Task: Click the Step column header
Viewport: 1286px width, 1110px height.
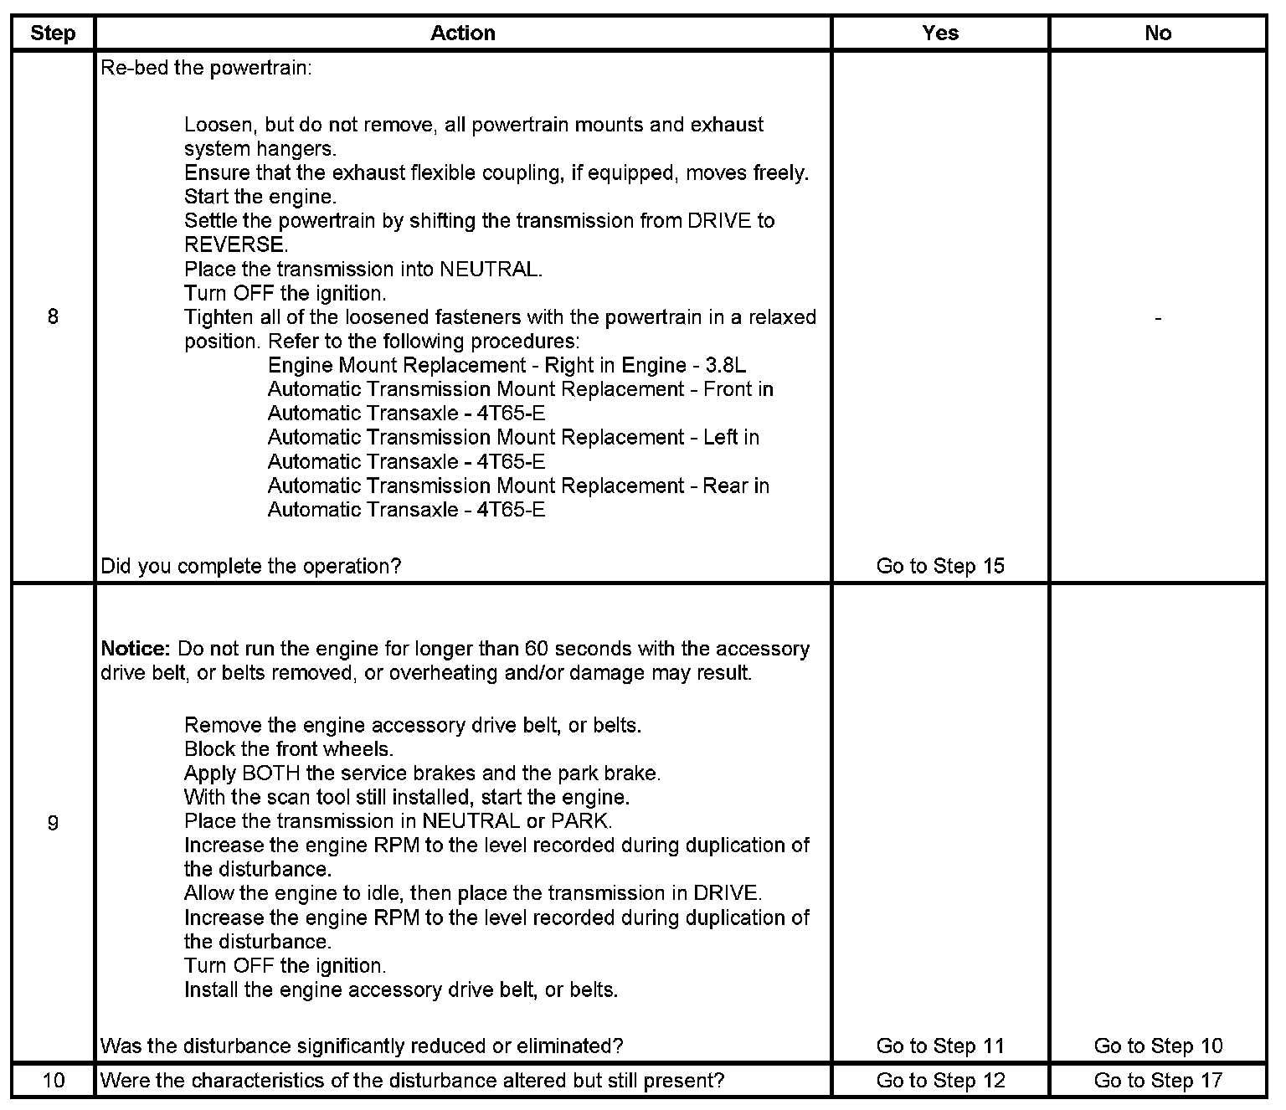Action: click(x=53, y=33)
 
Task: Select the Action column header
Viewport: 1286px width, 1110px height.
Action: click(x=463, y=33)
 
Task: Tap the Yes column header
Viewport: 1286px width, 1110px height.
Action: click(x=940, y=33)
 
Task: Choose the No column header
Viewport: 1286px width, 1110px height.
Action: click(x=1158, y=33)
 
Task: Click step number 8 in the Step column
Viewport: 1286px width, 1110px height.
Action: click(x=53, y=317)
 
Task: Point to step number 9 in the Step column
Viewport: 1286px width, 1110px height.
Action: click(x=53, y=823)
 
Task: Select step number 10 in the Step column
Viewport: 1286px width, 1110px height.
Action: click(x=53, y=1080)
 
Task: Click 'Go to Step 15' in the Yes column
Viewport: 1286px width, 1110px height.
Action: click(x=940, y=566)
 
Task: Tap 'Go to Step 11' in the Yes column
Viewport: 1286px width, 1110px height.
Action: click(x=940, y=1046)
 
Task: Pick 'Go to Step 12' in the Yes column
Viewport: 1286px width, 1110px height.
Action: click(x=940, y=1080)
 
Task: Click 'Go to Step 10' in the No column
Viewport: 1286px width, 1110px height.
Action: click(x=1158, y=1046)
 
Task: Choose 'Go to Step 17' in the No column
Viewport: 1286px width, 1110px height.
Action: click(x=1158, y=1080)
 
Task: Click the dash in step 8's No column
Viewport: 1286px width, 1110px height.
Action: click(x=1158, y=318)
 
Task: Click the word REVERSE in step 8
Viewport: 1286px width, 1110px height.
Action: click(x=235, y=245)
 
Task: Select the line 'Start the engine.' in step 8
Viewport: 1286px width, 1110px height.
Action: click(x=260, y=197)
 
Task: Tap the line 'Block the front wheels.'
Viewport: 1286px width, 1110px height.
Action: click(x=288, y=748)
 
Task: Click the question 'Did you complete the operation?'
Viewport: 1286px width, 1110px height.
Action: click(x=250, y=566)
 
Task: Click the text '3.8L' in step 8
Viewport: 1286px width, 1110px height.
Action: click(x=725, y=366)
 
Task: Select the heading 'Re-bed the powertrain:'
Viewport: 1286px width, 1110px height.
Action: click(x=206, y=68)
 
